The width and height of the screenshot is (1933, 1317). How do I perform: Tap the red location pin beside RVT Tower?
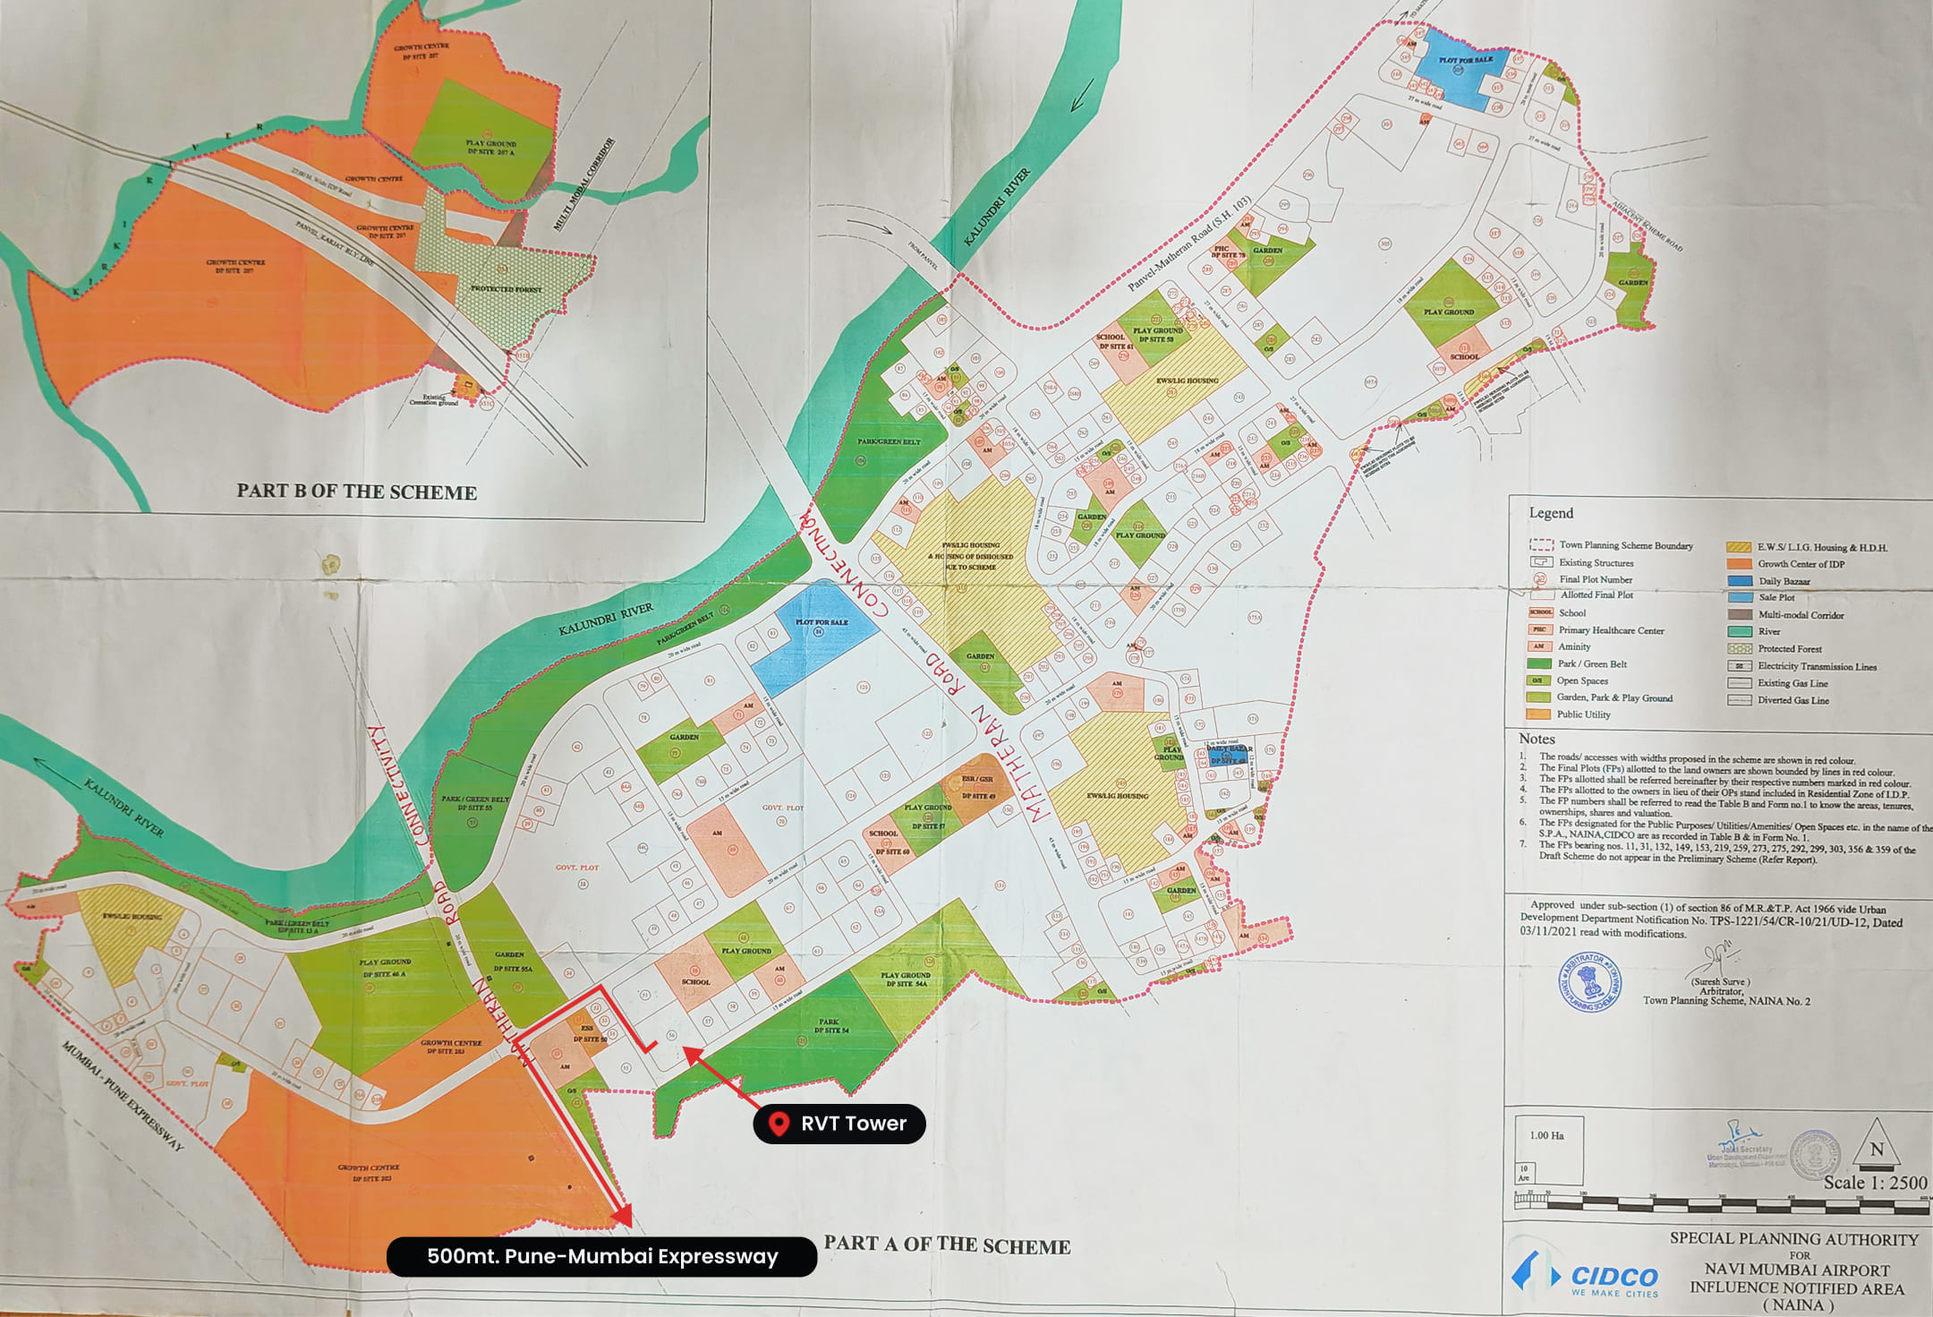point(779,1124)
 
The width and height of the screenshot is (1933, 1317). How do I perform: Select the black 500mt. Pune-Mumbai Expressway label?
point(601,1256)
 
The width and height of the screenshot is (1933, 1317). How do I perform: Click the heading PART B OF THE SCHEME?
point(356,492)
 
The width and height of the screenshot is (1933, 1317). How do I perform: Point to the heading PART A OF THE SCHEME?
point(947,1245)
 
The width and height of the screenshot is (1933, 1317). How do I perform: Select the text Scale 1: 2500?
point(1875,1183)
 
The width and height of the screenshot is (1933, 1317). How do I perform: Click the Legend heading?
point(1551,513)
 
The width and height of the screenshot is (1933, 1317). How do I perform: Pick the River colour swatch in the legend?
point(1740,631)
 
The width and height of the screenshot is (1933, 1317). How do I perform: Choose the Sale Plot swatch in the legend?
point(1740,597)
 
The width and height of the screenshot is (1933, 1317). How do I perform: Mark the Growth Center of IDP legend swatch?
point(1740,564)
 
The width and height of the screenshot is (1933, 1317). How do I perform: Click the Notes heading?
point(1537,739)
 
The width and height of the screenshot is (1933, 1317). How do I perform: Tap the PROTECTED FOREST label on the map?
point(507,288)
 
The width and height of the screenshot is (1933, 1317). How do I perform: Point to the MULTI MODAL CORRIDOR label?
point(583,184)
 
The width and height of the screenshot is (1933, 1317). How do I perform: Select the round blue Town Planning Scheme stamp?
point(1589,982)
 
